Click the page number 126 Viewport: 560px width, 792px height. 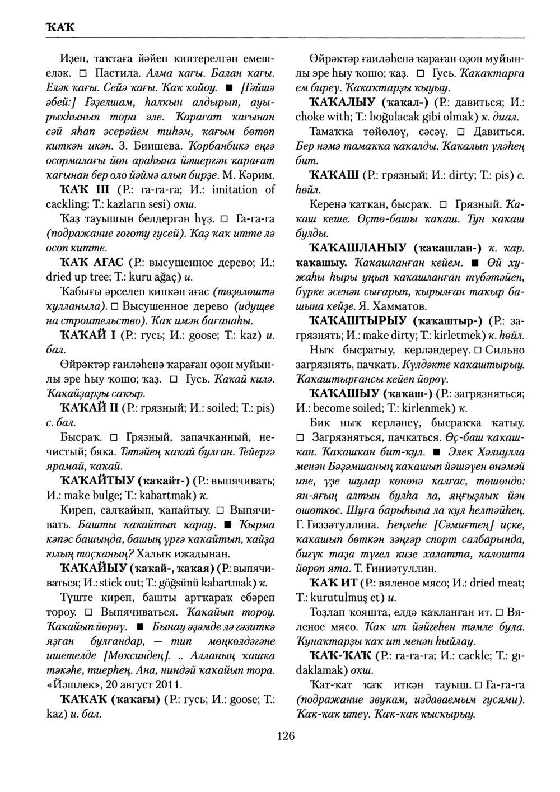(x=286, y=735)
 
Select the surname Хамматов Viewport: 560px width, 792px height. (x=400, y=306)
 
